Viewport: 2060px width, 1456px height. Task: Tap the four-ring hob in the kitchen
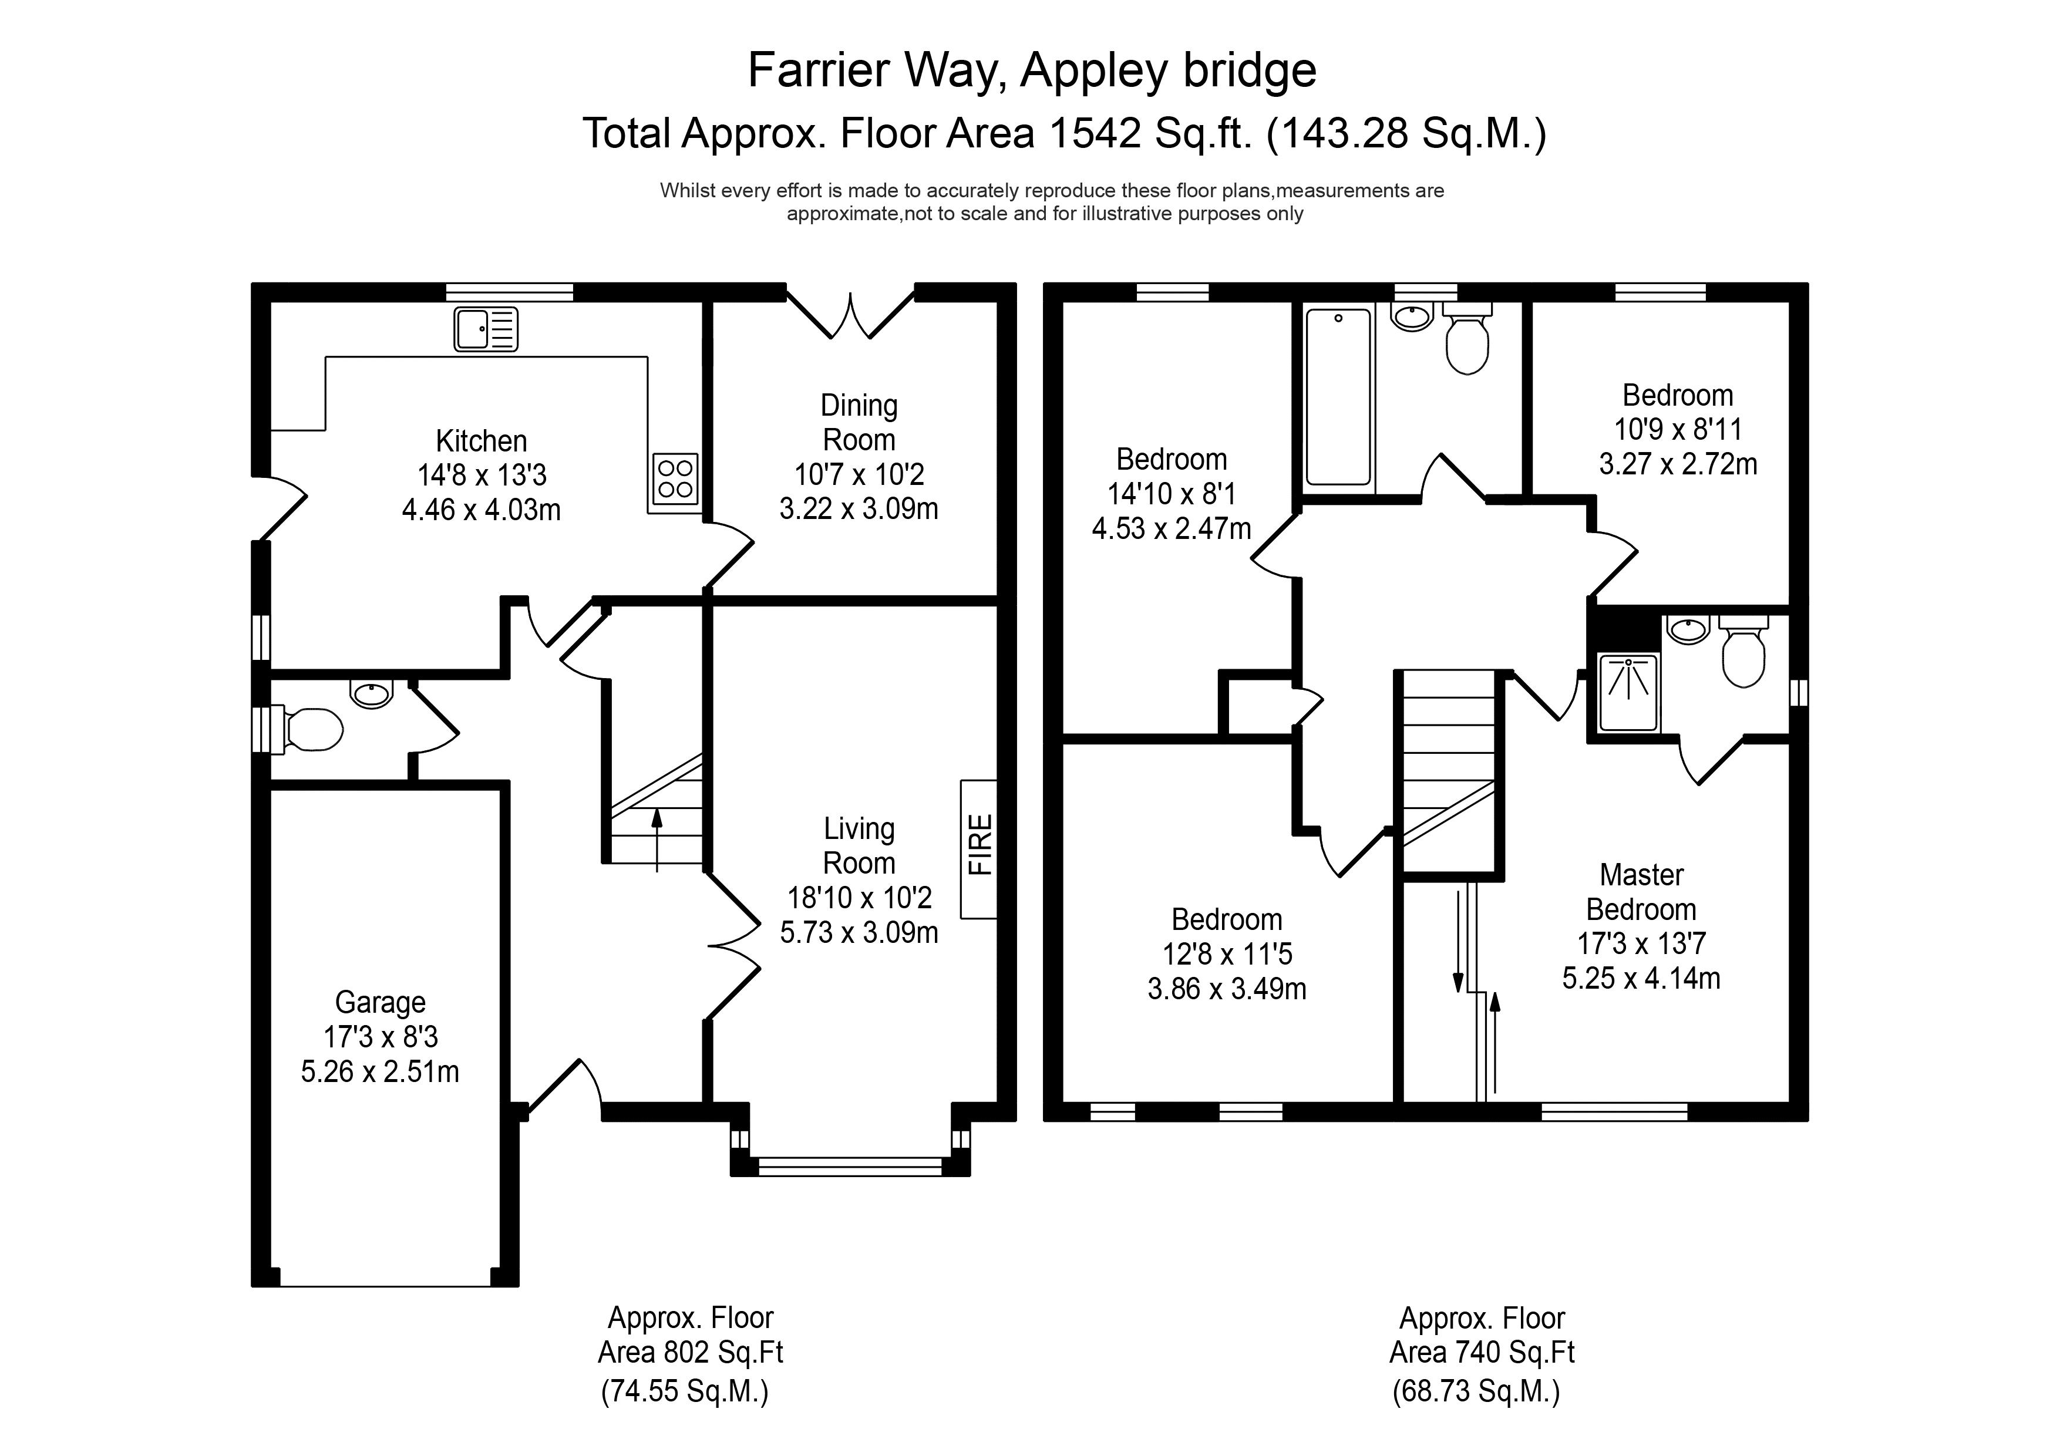[x=675, y=478]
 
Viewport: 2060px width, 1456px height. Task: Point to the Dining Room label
[x=859, y=423]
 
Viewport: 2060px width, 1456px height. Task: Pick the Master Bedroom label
[x=1641, y=892]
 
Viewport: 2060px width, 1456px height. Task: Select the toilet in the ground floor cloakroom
[x=311, y=729]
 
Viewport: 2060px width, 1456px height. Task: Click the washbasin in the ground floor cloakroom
[x=372, y=693]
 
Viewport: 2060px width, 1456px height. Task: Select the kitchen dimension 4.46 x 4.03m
[x=481, y=510]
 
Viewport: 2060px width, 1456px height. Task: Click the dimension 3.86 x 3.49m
[x=1227, y=989]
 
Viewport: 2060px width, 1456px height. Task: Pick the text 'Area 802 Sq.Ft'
[x=690, y=1352]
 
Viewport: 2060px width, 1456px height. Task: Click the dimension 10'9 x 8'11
[x=1678, y=430]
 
